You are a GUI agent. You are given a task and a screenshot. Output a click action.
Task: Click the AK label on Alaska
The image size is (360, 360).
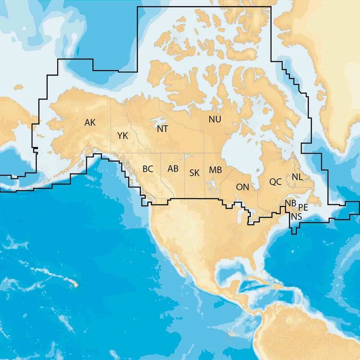[90, 122]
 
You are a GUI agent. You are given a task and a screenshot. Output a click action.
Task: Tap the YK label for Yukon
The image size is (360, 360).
[122, 135]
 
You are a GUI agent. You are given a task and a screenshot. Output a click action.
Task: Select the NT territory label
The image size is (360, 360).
[162, 129]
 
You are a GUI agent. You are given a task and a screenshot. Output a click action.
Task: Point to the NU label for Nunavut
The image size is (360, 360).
[215, 119]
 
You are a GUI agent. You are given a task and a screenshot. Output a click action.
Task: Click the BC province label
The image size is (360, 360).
[148, 169]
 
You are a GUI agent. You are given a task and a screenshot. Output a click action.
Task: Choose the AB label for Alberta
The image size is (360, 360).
[173, 169]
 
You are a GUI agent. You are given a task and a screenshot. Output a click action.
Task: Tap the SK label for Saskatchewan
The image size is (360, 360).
[194, 172]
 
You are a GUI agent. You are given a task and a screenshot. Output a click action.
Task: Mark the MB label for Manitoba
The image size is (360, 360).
[215, 170]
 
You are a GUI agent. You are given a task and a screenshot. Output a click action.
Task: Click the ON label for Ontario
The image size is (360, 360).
[243, 187]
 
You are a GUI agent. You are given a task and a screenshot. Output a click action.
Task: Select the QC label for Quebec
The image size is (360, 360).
[275, 182]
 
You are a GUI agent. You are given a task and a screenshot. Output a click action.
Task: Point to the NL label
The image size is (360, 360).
[297, 177]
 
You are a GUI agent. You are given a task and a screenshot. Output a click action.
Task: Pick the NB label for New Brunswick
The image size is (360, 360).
[291, 203]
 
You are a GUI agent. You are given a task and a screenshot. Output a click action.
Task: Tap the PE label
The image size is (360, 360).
[303, 207]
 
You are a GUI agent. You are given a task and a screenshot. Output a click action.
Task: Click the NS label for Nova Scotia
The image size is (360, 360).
[296, 216]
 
